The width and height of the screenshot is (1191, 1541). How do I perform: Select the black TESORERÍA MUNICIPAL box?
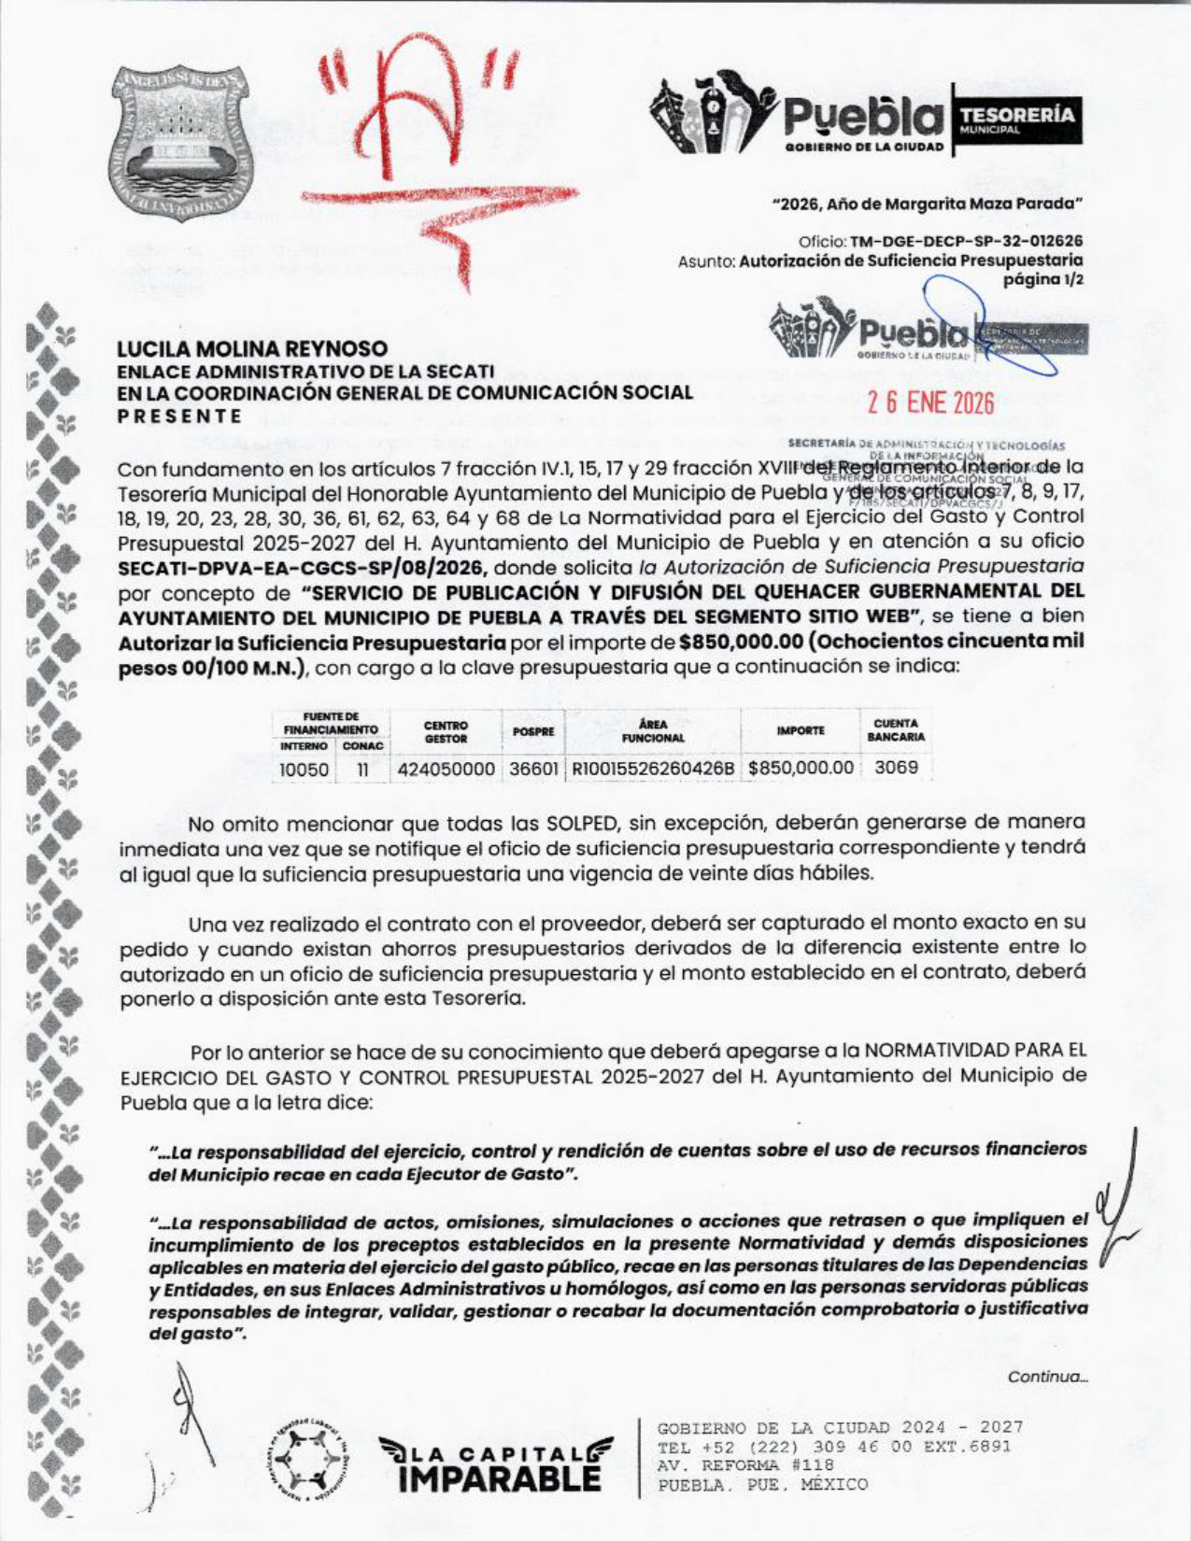coord(1015,119)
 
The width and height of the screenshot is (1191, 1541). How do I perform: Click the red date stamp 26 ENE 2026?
coord(930,404)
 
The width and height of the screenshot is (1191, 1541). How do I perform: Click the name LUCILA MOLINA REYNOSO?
coord(251,348)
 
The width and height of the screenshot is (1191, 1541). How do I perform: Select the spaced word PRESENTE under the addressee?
coord(179,417)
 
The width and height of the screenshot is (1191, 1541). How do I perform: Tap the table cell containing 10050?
coord(304,769)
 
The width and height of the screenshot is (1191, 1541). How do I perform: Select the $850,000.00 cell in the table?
coord(801,768)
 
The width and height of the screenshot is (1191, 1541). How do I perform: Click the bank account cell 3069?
coord(896,768)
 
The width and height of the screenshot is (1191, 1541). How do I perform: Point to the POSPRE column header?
coord(533,731)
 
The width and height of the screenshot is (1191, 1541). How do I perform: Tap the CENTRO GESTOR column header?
coord(446,731)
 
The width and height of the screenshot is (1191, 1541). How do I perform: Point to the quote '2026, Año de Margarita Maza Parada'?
coord(928,202)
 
